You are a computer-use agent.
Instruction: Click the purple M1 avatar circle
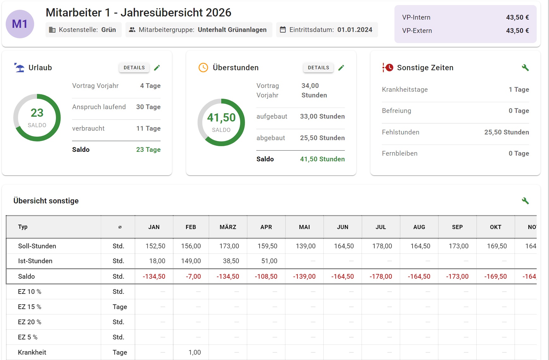click(20, 24)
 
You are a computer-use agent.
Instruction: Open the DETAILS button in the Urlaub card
click(134, 68)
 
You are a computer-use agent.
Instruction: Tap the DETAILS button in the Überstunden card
click(318, 68)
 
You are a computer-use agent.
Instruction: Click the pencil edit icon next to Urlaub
click(157, 68)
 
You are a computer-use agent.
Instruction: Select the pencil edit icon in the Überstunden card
click(341, 68)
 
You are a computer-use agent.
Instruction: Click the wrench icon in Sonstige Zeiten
click(525, 68)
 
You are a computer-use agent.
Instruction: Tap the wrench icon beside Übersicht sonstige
click(525, 201)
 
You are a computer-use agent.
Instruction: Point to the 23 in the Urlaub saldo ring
click(37, 113)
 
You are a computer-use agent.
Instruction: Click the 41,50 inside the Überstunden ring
click(221, 118)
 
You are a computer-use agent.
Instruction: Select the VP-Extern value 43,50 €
click(517, 31)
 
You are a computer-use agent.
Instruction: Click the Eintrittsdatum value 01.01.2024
click(355, 30)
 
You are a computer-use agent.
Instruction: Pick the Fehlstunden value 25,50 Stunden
click(507, 132)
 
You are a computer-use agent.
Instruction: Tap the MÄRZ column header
click(228, 227)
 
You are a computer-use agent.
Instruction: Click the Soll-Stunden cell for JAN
click(155, 246)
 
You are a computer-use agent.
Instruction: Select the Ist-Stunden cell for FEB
click(191, 261)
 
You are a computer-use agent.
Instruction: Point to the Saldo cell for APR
click(266, 276)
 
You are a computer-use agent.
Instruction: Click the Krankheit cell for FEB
click(195, 352)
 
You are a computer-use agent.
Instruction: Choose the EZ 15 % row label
click(30, 307)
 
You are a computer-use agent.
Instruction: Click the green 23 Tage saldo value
click(148, 150)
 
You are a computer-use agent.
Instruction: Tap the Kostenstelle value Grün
click(108, 30)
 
